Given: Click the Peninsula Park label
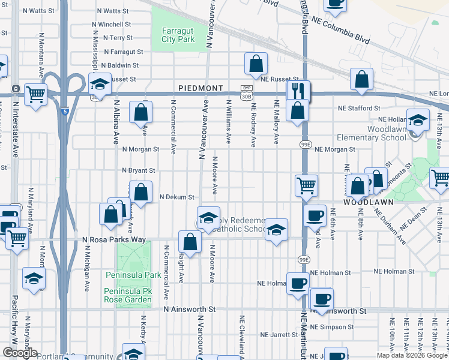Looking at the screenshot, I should pos(133,275).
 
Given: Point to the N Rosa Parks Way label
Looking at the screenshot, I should pos(114,240).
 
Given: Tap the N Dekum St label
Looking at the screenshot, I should pos(177,197).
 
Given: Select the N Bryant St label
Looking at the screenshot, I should pos(139,171).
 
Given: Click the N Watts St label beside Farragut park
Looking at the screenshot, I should pos(103,11).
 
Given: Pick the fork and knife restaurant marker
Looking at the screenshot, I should pos(298,90).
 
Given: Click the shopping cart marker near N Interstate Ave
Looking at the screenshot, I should pos(35,94).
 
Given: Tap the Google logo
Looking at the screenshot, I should pos(20,353).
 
